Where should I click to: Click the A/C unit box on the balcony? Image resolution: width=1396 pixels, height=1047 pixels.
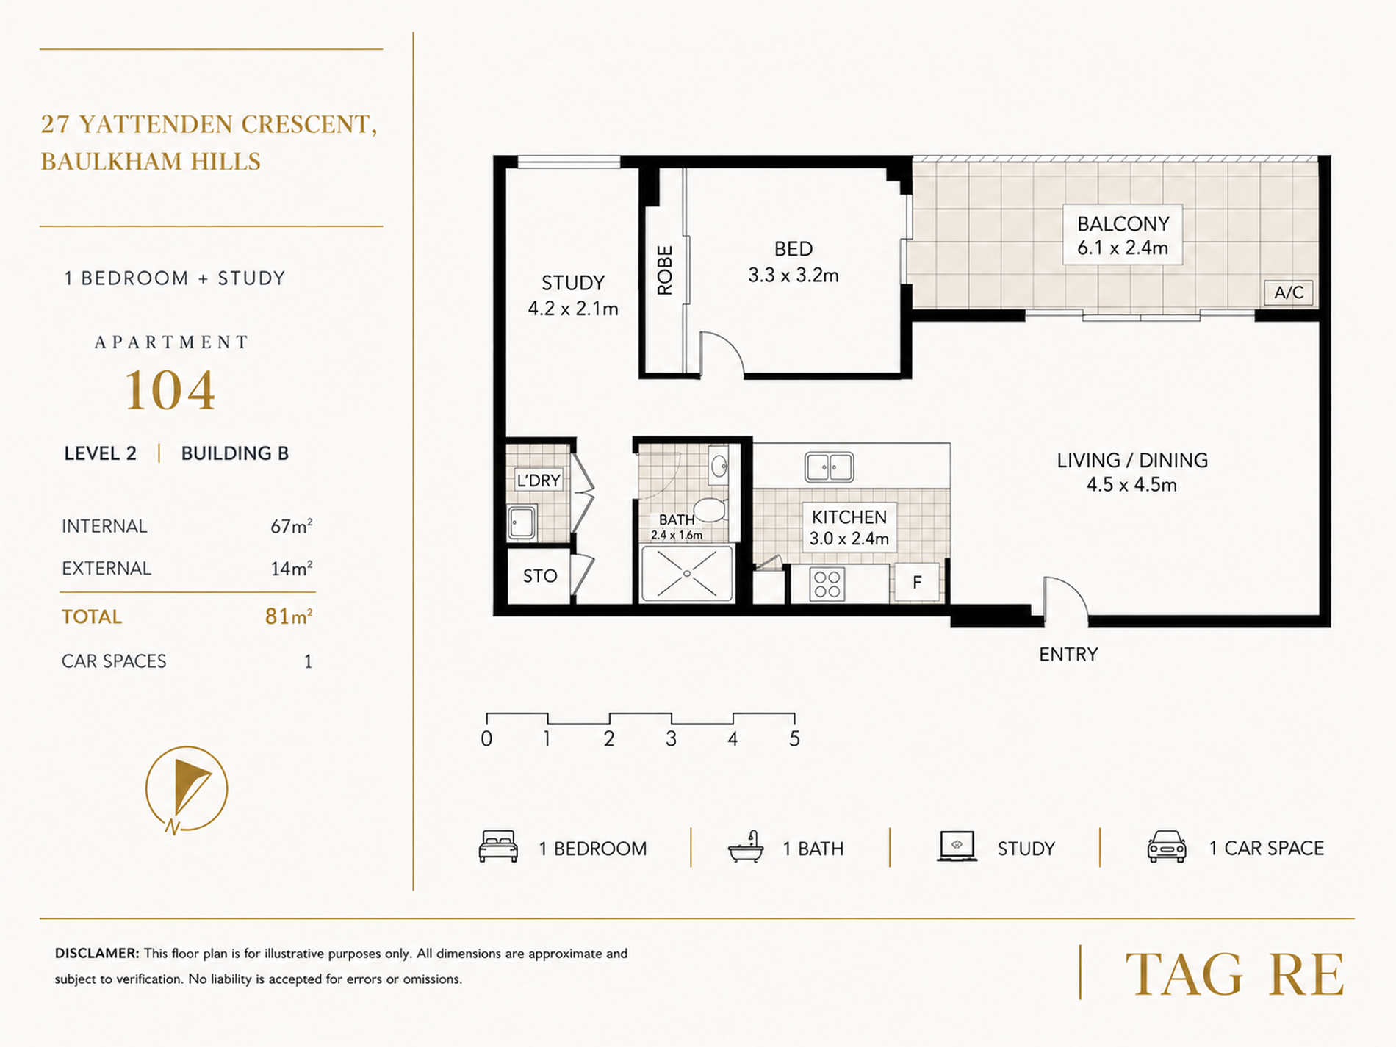pos(1288,292)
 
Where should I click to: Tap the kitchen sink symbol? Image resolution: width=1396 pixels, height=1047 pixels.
pos(829,467)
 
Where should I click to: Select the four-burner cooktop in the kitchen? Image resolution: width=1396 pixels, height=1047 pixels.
pos(827,584)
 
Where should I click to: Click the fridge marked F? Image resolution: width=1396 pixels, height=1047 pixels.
pos(916,583)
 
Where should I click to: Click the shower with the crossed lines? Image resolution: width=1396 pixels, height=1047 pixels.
pos(686,573)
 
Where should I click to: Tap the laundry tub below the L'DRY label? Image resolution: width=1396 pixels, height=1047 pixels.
pos(522,523)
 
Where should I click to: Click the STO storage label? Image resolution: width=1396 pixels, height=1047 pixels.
pos(540,576)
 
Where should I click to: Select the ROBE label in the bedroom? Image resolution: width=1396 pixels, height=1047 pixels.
pos(664,270)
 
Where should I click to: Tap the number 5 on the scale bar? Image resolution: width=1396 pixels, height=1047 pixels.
pos(794,738)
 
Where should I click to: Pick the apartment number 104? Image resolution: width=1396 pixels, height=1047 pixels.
pos(170,390)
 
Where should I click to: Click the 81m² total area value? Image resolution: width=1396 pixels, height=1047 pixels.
pos(289,616)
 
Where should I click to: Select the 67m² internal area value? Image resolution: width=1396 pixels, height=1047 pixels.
pos(291,526)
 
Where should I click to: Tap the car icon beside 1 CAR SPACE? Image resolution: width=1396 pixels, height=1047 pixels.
pos(1167,846)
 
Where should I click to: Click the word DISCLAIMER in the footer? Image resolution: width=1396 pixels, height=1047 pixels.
pos(96,954)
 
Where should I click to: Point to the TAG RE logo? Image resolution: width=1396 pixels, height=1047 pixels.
pos(1234,975)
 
